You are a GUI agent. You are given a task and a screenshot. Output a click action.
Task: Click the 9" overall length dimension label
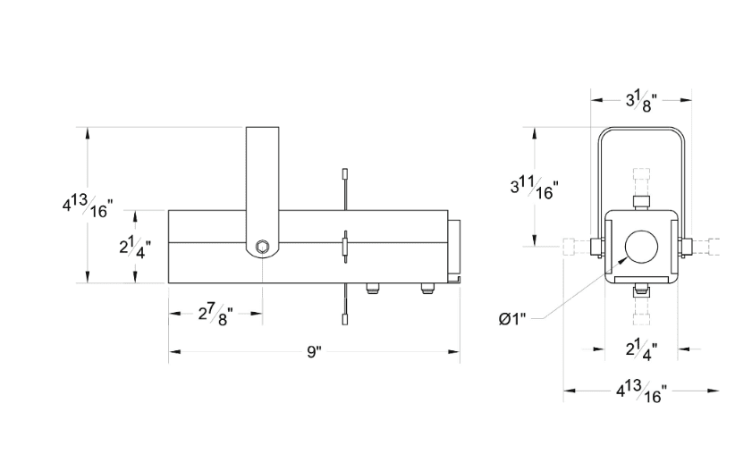click(x=314, y=352)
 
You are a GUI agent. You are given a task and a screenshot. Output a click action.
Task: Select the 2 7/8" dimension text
click(x=215, y=315)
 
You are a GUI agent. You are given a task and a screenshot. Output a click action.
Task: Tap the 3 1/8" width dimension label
click(x=641, y=102)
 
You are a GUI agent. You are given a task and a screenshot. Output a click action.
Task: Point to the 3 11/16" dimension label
click(x=534, y=188)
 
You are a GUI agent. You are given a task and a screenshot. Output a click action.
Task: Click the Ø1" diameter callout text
click(x=512, y=319)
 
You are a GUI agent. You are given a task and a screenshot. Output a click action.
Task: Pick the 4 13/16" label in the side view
click(x=88, y=206)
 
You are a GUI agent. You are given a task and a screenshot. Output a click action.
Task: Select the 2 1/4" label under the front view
click(x=641, y=350)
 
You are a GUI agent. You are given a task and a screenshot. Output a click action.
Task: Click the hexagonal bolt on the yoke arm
click(x=262, y=247)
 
